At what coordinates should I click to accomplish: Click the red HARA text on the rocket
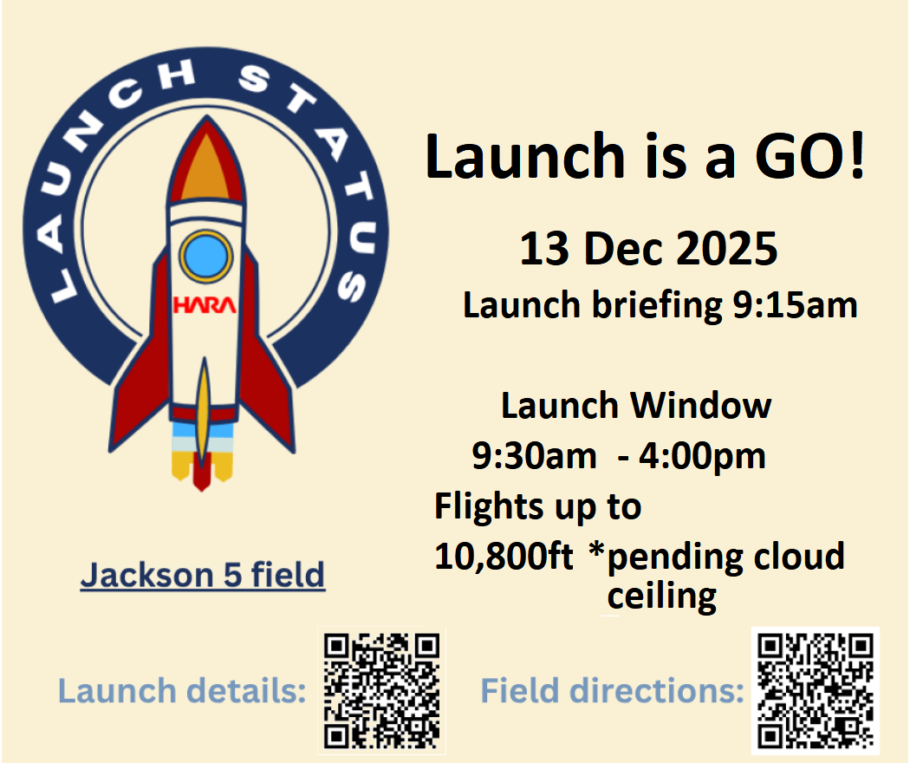coord(205,305)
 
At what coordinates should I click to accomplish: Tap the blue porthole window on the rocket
coord(206,256)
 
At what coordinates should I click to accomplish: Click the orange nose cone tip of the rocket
coord(206,168)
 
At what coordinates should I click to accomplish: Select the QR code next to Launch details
coord(382,690)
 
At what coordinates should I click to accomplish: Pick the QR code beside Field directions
coord(816,690)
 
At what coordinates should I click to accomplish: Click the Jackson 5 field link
coord(203,575)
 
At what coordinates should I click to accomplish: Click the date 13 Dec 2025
coord(648,249)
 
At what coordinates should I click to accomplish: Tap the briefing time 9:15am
coord(795,305)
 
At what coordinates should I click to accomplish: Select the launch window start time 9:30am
coord(534,456)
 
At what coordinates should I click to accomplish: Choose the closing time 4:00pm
coord(702,457)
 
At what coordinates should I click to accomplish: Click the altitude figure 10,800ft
coord(504,557)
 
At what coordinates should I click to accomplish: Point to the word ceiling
coord(661,597)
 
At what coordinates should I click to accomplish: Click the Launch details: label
coord(182,691)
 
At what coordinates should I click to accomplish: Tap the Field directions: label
coord(612,691)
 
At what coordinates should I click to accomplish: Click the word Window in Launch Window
coord(701,405)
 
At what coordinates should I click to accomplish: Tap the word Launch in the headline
coord(524,155)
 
